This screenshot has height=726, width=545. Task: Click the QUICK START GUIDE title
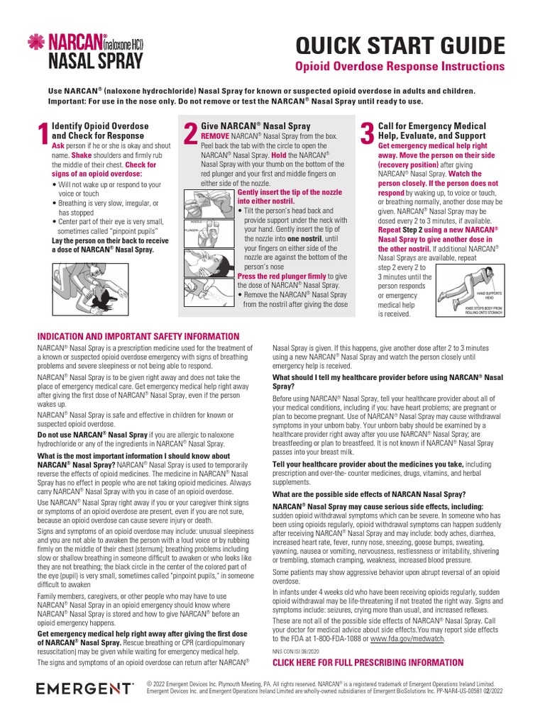point(400,45)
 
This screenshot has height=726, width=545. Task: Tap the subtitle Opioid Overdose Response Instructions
point(400,67)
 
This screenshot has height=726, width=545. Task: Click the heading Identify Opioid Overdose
point(100,126)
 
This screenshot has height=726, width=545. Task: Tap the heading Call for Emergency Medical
point(431,126)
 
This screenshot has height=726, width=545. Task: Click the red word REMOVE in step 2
point(215,135)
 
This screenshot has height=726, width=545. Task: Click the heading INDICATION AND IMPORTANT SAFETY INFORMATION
point(138,336)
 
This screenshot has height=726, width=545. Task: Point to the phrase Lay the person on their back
point(99,241)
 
